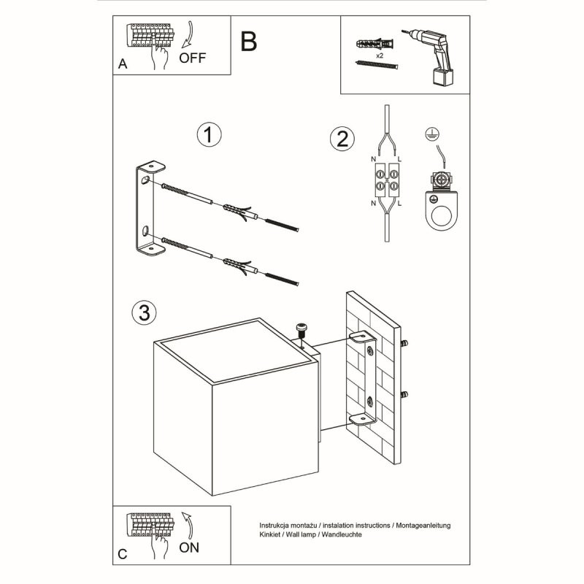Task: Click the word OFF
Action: click(x=193, y=59)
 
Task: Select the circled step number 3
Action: click(x=144, y=312)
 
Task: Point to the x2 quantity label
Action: click(x=380, y=55)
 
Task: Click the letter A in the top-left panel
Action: click(x=122, y=65)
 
